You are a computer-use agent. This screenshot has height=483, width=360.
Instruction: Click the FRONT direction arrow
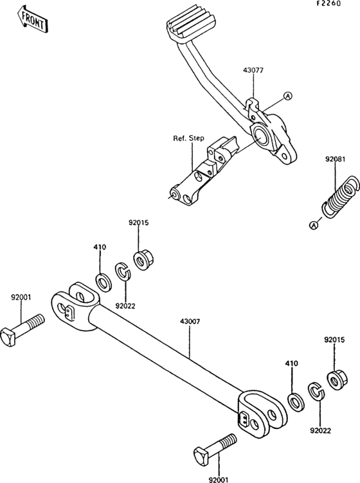click(32, 19)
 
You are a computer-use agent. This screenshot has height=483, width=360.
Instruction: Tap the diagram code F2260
click(329, 4)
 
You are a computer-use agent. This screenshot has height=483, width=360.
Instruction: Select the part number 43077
click(253, 71)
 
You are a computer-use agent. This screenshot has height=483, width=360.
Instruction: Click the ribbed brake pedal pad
click(190, 24)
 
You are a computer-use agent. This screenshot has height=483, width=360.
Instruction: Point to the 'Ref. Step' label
click(188, 138)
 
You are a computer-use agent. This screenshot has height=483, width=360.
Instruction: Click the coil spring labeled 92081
click(341, 197)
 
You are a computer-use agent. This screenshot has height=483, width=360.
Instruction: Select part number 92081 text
click(336, 159)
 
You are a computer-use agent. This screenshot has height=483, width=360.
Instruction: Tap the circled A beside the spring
click(314, 225)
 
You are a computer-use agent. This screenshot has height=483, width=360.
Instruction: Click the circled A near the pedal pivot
click(287, 96)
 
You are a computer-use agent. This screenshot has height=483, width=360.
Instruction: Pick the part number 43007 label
click(190, 322)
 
